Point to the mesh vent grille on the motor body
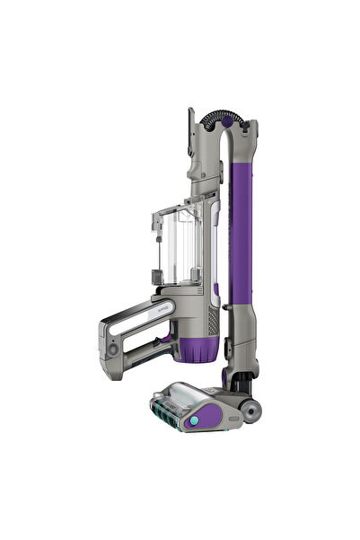(213, 319)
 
